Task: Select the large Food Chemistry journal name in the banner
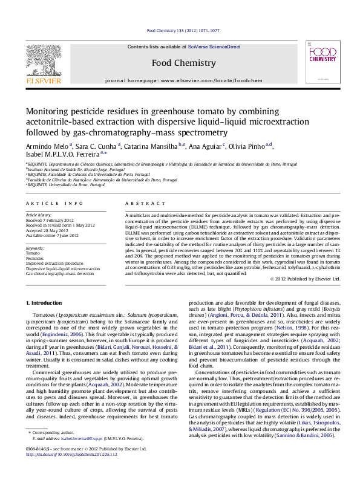point(183,63)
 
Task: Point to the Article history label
point(39,215)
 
